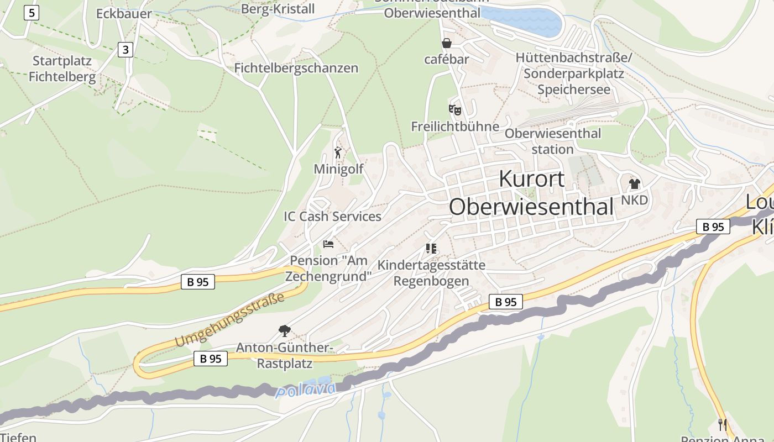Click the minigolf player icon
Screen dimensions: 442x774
[x=338, y=152]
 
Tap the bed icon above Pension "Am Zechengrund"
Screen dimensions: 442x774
[x=328, y=244]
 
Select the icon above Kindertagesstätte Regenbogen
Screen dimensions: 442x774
[x=431, y=249]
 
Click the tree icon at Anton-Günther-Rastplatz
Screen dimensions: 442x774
[x=284, y=331]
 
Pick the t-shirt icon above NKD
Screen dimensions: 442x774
[x=634, y=184]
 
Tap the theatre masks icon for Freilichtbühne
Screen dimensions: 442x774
[x=454, y=109]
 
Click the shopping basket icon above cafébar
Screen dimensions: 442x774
[x=446, y=43]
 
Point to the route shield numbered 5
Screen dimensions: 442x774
[x=32, y=12]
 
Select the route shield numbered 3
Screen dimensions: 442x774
[x=125, y=50]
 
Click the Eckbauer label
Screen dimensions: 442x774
[x=124, y=14]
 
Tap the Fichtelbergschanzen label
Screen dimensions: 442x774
[x=296, y=68]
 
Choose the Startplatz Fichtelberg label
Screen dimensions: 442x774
[x=62, y=69]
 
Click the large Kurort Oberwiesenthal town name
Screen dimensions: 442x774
[x=531, y=193]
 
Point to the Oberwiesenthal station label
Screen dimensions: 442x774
[x=552, y=141]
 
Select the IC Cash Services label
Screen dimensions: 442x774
[x=332, y=216]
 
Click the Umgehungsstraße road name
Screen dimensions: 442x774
[x=229, y=320]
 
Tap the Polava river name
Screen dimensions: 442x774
[x=306, y=390]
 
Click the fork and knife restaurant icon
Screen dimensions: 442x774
[x=722, y=424]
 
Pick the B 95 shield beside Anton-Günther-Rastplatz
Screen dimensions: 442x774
[x=211, y=359]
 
